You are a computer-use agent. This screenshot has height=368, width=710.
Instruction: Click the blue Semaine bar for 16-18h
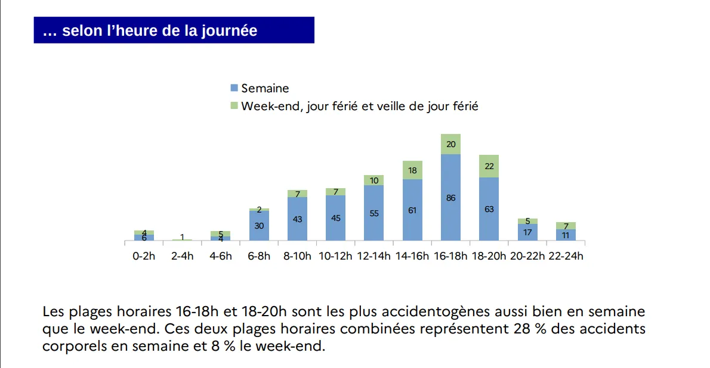[x=450, y=198]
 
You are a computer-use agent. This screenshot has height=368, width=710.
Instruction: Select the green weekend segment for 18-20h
[x=489, y=166]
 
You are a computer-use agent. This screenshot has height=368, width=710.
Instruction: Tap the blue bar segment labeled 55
[x=374, y=213]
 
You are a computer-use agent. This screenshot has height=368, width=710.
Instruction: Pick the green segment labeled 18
[x=412, y=170]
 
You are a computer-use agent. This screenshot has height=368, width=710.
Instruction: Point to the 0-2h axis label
[x=144, y=257]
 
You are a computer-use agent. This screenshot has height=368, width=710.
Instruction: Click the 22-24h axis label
[x=566, y=257]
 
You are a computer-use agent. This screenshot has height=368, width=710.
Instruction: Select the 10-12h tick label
[x=335, y=257]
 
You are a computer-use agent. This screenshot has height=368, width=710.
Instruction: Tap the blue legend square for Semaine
[x=234, y=88]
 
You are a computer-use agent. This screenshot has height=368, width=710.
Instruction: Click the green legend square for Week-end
[x=234, y=107]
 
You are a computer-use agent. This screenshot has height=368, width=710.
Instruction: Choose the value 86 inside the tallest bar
[x=450, y=198]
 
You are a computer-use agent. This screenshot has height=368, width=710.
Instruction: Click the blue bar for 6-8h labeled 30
[x=259, y=226]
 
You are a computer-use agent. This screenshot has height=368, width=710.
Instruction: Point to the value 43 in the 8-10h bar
[x=297, y=219]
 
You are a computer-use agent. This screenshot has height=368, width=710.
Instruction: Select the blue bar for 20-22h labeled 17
[x=527, y=232]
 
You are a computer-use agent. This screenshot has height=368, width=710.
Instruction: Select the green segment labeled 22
[x=489, y=166]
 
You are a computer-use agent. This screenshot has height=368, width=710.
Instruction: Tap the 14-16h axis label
[x=412, y=257]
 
